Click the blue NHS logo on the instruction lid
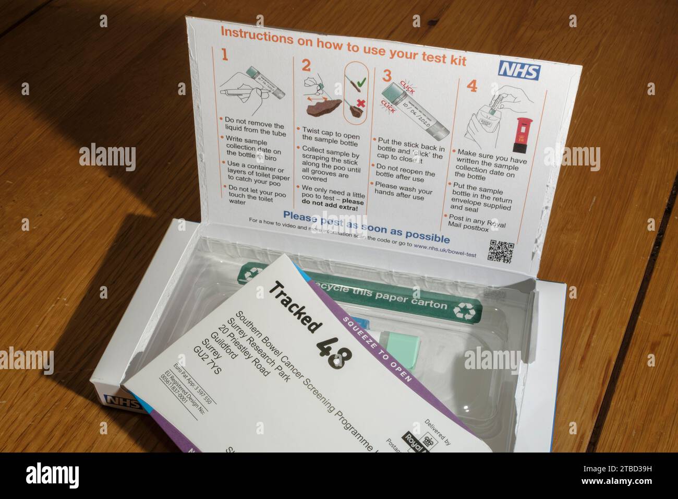(x=519, y=71)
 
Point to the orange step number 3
(x=386, y=76)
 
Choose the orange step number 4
(x=471, y=86)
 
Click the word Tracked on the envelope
(x=294, y=307)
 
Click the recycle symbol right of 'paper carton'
(x=464, y=312)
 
